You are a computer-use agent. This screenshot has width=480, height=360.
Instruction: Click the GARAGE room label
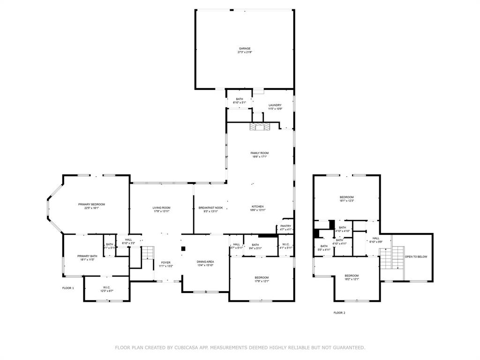(x=245, y=48)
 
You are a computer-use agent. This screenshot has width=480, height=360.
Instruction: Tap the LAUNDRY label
(x=275, y=105)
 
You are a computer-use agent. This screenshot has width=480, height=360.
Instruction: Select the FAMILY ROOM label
(x=260, y=153)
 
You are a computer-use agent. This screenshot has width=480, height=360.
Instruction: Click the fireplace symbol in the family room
(x=259, y=127)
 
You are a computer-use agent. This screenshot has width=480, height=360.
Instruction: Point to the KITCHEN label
(x=257, y=206)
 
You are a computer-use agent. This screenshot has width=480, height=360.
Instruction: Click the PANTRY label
(x=286, y=226)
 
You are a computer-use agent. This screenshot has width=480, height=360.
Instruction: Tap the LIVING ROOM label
(x=161, y=208)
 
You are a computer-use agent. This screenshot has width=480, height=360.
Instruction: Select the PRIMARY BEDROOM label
(x=91, y=204)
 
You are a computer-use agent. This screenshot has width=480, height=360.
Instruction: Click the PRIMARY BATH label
(x=87, y=256)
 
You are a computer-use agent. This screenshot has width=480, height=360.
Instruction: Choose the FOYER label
(x=166, y=262)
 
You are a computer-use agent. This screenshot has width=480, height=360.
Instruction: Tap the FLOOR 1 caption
(x=68, y=288)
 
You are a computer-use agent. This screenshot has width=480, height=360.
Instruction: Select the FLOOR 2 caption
(x=339, y=313)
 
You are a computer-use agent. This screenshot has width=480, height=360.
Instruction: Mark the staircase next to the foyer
(x=148, y=253)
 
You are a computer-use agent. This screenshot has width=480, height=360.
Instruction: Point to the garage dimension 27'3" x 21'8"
(x=245, y=52)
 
